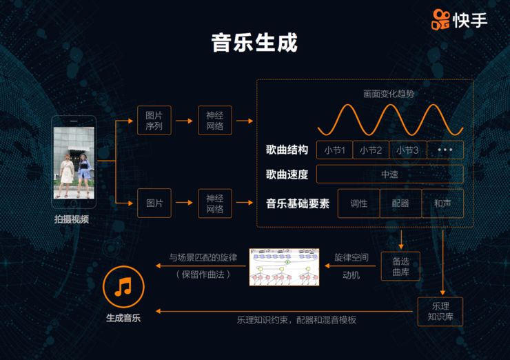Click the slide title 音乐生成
254,42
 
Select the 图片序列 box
154,121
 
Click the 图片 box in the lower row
154,203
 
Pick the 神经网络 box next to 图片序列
215,121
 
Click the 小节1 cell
334,150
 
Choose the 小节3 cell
407,150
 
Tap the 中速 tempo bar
389,174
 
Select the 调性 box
358,203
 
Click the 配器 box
400,203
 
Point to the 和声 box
442,203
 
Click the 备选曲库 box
400,266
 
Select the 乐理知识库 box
440,312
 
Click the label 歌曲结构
287,150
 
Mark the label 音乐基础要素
298,203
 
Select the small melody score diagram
284,266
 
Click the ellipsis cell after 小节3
445,150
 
